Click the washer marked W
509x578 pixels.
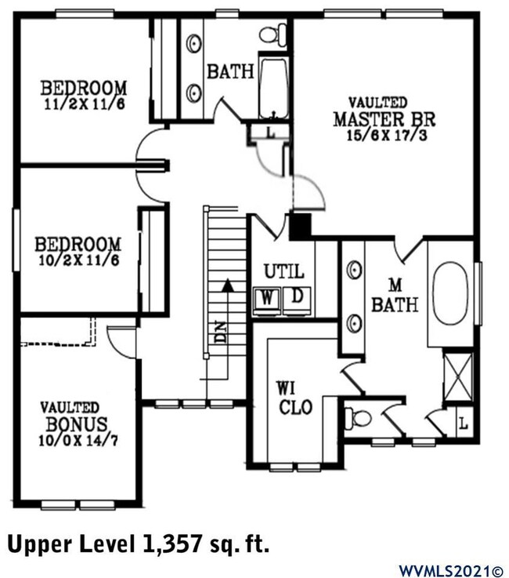(x=268, y=298)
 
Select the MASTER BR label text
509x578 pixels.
(x=384, y=120)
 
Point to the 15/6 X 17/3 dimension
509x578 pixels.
(x=384, y=135)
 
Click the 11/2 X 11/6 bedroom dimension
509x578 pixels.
(x=84, y=102)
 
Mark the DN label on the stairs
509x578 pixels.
(x=220, y=333)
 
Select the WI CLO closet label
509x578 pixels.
(x=295, y=398)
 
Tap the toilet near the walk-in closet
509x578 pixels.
(x=360, y=418)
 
